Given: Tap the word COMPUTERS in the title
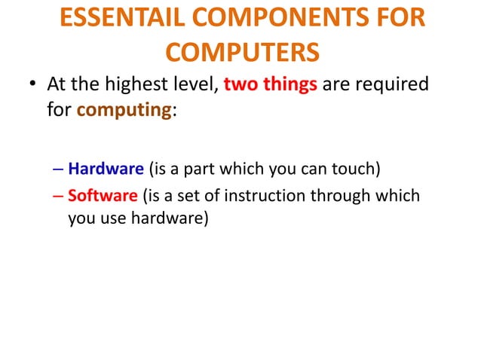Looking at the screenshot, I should coord(241,53).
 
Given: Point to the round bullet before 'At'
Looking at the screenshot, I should coord(33,85).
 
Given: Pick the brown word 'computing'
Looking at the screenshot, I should coord(125,111).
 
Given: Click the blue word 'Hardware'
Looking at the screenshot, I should coord(106,167).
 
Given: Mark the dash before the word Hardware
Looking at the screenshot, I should coord(59,168).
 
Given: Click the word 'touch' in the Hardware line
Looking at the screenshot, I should coord(347,167).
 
